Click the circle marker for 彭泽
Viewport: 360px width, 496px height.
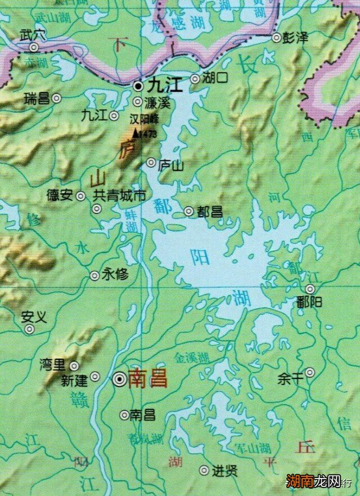[276, 37]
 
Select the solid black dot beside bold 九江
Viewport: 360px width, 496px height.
[138, 86]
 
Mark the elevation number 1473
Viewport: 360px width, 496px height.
[147, 135]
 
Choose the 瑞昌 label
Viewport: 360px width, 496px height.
[37, 99]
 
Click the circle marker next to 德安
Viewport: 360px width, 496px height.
[81, 196]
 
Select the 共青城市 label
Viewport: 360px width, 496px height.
[119, 196]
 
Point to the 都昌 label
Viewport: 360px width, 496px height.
[209, 212]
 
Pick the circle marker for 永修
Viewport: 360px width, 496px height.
[94, 275]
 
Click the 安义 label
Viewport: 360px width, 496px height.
[33, 317]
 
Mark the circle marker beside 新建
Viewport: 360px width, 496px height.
[95, 376]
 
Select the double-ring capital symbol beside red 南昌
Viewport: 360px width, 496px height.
[119, 379]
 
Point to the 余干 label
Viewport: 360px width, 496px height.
[290, 379]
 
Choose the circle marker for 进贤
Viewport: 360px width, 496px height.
[204, 470]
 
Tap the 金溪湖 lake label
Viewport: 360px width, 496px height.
[192, 357]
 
